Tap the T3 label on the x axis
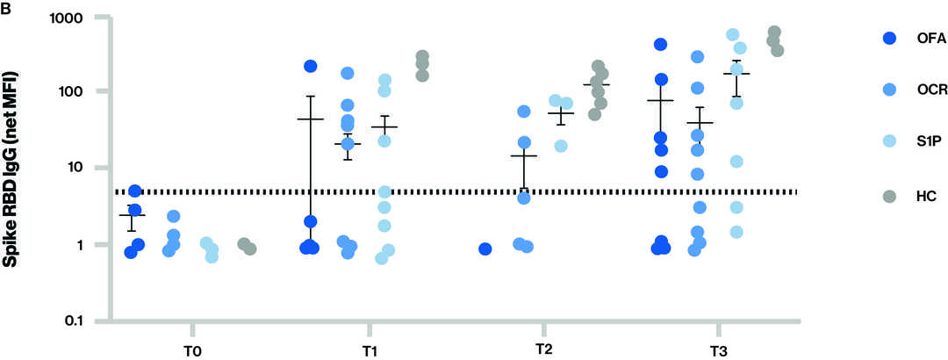717,349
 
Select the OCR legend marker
888,90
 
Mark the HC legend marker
888,198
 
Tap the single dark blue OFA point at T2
485,249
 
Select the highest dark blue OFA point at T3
661,44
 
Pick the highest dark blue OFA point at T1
310,66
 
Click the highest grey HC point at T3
774,32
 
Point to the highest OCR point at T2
524,112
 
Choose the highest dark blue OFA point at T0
134,191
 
